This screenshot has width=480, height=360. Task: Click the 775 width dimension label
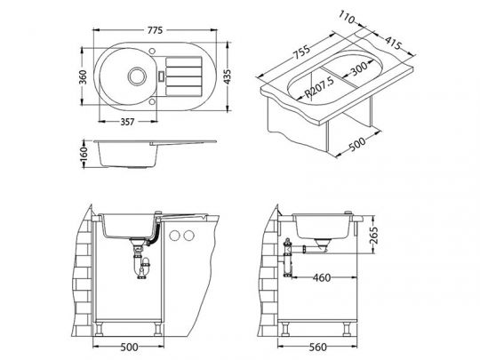(x=156, y=30)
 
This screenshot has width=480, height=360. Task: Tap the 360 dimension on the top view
(x=83, y=76)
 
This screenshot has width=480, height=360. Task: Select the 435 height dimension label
(x=228, y=76)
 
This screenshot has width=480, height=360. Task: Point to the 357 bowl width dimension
(x=127, y=122)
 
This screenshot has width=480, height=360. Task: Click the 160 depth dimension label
(x=84, y=154)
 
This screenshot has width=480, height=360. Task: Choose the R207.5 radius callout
(x=320, y=87)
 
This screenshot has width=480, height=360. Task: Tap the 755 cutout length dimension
(x=302, y=52)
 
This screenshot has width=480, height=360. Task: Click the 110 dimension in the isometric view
(x=347, y=18)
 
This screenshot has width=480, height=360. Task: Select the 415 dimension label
(x=393, y=44)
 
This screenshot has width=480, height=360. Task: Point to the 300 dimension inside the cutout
(x=359, y=68)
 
